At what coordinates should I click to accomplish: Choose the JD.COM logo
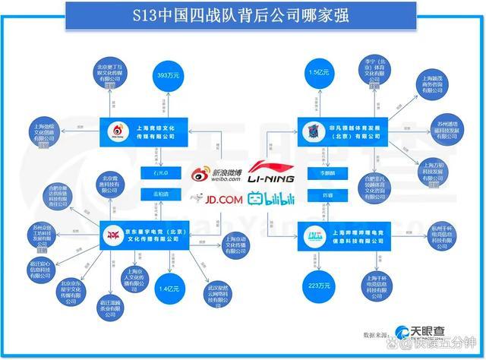tap(213, 199)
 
